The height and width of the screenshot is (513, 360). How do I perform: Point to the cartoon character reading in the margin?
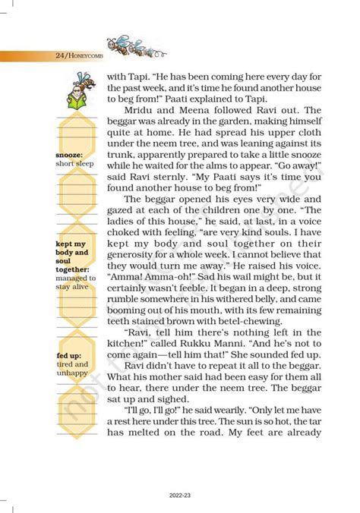point(81,90)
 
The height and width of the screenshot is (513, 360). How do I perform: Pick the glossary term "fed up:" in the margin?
point(69,355)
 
